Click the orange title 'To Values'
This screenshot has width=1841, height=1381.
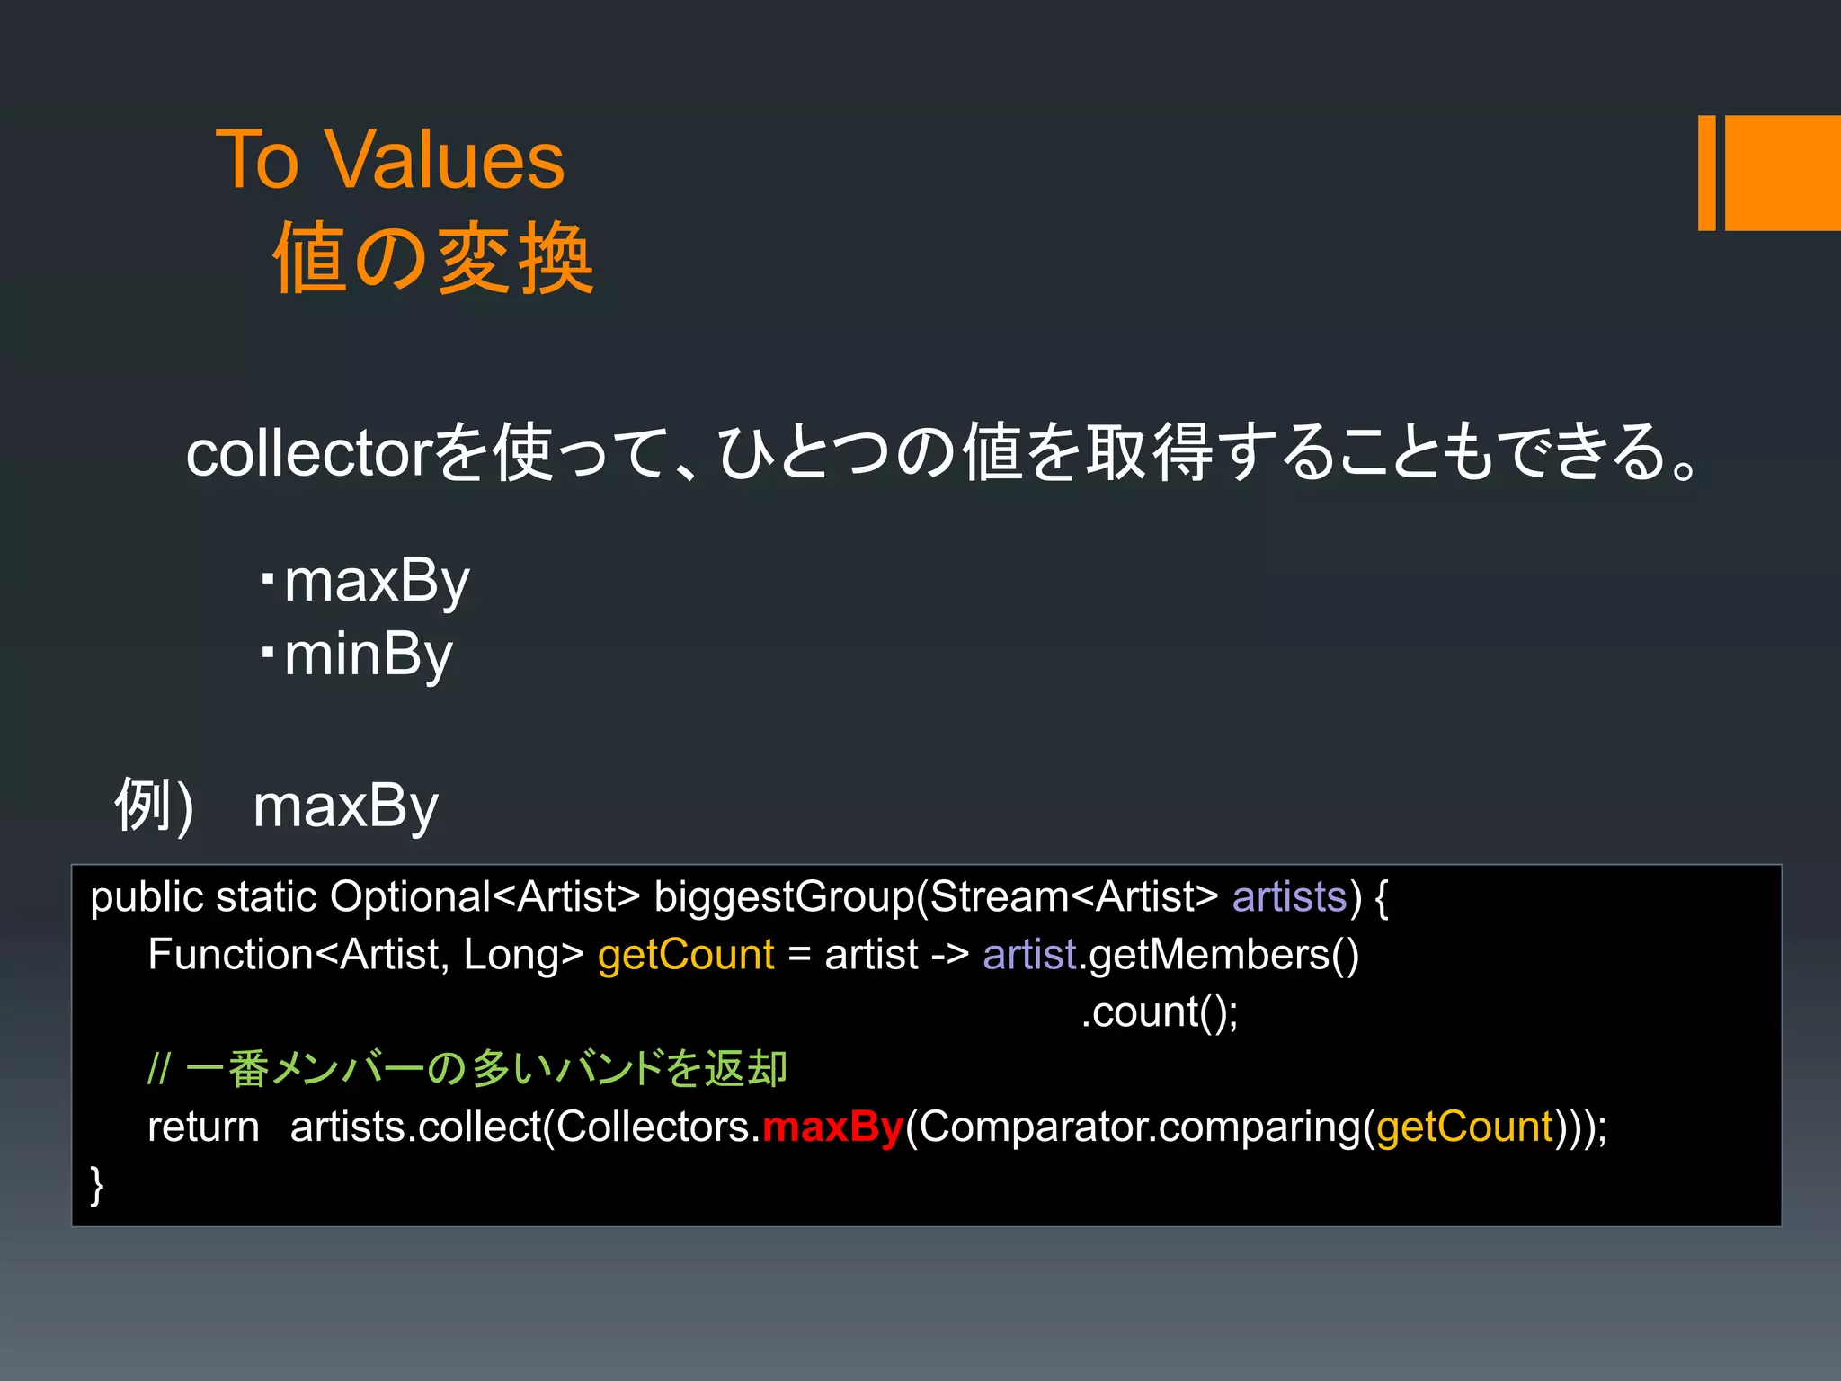point(390,160)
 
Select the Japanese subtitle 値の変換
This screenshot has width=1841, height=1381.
point(433,260)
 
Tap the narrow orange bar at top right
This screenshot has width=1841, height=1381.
point(1706,173)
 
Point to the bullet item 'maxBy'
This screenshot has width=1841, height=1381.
point(377,582)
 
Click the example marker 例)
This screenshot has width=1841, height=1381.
point(154,806)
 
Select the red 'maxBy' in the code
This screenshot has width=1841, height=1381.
point(832,1127)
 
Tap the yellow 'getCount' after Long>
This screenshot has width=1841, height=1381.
point(686,955)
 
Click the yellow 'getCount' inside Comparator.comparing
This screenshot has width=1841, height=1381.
point(1465,1127)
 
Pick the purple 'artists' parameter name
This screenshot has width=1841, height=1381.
point(1289,897)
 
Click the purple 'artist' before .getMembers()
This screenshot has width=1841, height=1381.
point(1029,955)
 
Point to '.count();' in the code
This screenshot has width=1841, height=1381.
point(1159,1012)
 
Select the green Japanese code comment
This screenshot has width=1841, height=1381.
point(467,1069)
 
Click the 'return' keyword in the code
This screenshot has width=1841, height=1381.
point(203,1127)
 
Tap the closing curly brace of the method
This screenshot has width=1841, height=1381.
point(97,1185)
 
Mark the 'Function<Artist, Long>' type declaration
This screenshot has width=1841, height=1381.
point(366,955)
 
